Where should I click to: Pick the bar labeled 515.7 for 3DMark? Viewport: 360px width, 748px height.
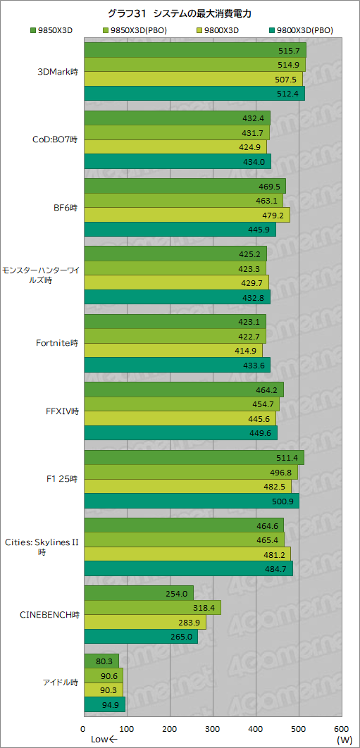click(194, 51)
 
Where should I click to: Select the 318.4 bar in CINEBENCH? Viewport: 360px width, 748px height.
click(152, 607)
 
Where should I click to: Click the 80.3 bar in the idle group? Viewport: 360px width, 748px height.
click(101, 661)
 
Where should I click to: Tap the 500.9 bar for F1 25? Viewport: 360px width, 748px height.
click(191, 501)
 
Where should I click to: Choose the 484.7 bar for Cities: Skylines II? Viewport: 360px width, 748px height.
click(187, 568)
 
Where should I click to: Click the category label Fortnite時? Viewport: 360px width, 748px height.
click(57, 344)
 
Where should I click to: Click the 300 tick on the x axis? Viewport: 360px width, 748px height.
click(213, 728)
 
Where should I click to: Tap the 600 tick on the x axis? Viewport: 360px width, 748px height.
click(342, 728)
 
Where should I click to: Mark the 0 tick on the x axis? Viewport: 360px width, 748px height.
click(84, 728)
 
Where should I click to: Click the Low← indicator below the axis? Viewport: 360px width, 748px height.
click(103, 740)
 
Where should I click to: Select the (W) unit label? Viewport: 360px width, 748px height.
click(344, 740)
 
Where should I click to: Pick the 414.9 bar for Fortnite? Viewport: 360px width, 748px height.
click(173, 350)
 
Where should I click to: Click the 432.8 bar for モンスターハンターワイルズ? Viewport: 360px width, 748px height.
click(177, 297)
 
